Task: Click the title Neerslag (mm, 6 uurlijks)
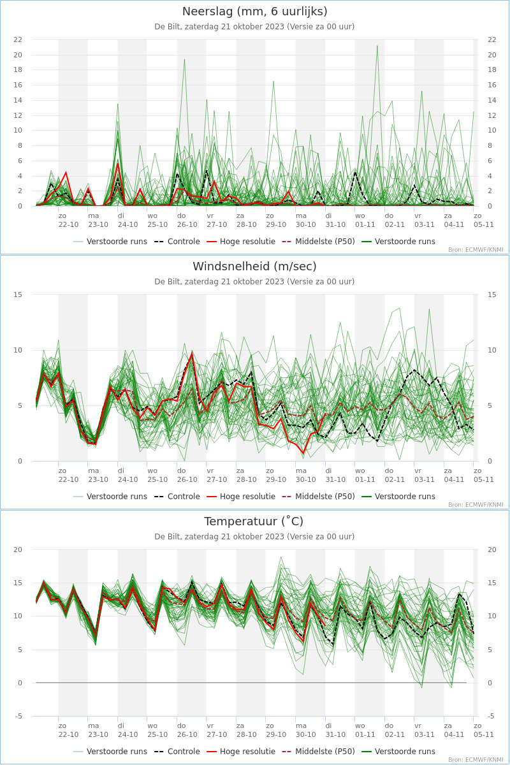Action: tap(254, 11)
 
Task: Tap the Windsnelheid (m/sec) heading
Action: tap(254, 266)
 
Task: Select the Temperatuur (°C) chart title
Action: tap(254, 521)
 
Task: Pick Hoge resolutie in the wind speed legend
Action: tap(247, 497)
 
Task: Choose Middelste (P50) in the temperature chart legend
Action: tap(324, 752)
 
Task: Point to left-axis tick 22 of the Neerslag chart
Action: tap(18, 40)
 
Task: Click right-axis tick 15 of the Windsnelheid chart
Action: tap(492, 295)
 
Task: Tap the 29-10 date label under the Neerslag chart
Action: tap(276, 224)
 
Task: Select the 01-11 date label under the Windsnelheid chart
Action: tap(365, 479)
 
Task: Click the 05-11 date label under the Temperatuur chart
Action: tap(484, 734)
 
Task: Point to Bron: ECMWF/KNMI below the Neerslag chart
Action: tap(476, 250)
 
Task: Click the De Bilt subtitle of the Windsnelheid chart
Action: tap(254, 282)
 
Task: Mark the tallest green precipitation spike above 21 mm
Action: tap(377, 46)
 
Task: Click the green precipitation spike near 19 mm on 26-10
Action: tap(185, 60)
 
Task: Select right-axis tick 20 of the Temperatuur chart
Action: tap(492, 550)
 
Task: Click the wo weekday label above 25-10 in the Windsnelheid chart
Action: tap(152, 470)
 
